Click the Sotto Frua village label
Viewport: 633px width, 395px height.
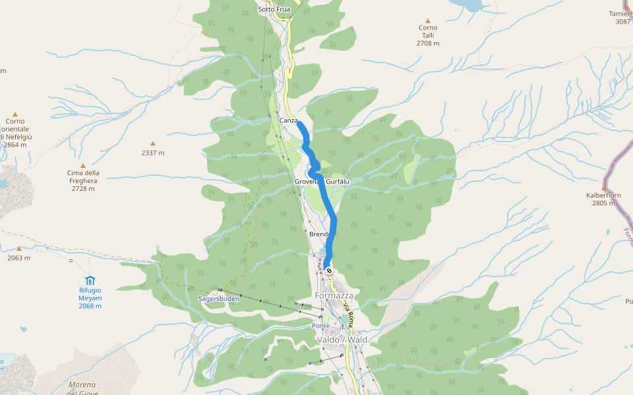click(274, 9)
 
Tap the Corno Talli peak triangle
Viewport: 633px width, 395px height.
click(427, 21)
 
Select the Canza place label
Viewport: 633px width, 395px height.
click(288, 120)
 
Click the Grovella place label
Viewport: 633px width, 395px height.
click(307, 181)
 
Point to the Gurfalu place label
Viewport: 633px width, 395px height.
click(337, 181)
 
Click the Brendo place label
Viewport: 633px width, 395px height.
click(318, 234)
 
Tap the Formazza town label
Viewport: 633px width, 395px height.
click(334, 296)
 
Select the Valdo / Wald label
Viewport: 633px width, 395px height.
click(342, 340)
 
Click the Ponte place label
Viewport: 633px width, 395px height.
click(320, 326)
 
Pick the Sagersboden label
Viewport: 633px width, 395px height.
click(218, 298)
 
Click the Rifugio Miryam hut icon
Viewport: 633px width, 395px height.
click(90, 281)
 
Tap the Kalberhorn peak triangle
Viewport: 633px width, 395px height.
click(603, 188)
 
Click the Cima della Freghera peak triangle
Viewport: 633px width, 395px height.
click(82, 165)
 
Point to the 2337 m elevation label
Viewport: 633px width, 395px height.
click(152, 153)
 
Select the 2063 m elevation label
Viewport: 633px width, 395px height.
click(18, 258)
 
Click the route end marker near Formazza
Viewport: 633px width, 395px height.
click(328, 271)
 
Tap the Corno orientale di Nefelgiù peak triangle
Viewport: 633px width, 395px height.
click(15, 114)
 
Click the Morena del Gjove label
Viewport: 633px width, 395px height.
click(82, 388)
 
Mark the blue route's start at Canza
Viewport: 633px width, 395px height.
click(299, 122)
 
